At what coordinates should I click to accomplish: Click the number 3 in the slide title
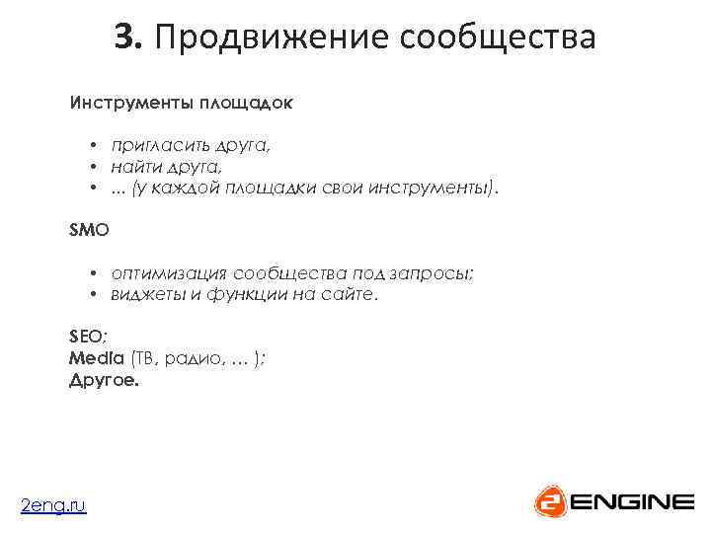coord(124,38)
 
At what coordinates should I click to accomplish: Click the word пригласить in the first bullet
coord(159,145)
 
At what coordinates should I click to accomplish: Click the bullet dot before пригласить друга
coord(90,145)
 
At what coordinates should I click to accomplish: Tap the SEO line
coord(89,338)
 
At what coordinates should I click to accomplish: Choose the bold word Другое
coord(105,379)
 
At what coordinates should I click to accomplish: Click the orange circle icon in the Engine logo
coord(549,501)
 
